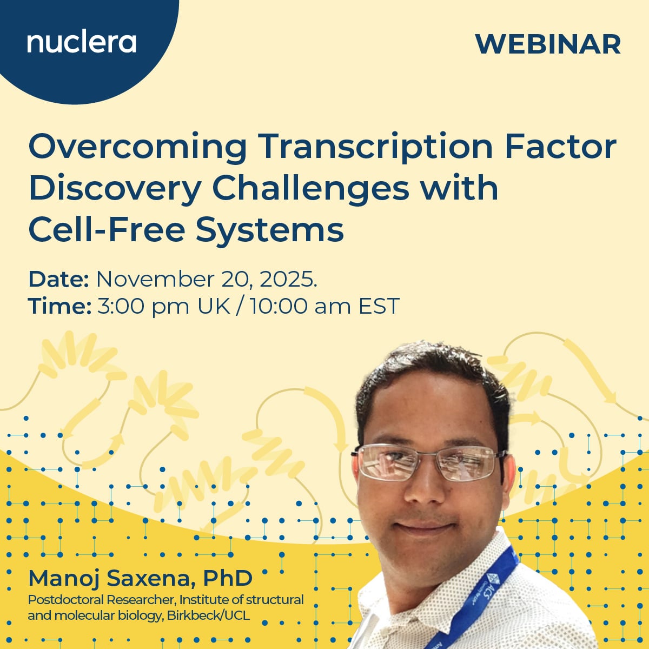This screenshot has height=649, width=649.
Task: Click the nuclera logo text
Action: (82, 42)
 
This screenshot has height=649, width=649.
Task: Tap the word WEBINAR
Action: (548, 44)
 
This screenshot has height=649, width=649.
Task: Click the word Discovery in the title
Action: (115, 188)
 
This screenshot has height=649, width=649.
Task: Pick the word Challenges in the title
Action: (311, 188)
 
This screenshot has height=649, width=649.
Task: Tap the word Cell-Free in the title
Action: (106, 229)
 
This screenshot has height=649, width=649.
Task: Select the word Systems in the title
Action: (269, 230)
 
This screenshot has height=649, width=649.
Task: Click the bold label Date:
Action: (58, 279)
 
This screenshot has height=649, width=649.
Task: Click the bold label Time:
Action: (59, 306)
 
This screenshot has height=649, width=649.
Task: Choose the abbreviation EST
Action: (379, 306)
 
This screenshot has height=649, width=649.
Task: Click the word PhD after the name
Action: (228, 578)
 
